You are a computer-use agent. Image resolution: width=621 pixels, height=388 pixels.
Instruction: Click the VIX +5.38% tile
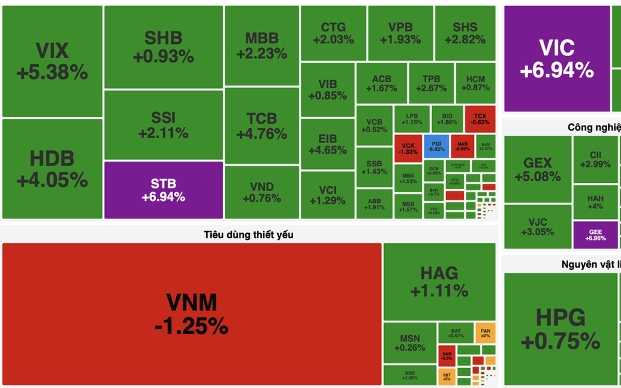point(52,61)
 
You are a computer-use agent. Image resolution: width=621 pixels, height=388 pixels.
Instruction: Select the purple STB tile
point(164,190)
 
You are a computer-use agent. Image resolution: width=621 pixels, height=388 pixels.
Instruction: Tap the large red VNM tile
point(192,313)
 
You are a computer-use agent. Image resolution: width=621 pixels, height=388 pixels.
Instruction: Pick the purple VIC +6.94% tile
point(556,59)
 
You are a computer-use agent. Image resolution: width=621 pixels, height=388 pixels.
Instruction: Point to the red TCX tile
point(480,119)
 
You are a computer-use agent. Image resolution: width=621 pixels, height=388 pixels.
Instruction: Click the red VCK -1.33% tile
point(409,148)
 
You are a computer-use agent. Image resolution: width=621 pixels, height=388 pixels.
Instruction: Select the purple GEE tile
point(595,235)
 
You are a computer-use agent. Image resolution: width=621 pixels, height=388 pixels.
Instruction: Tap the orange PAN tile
point(485,332)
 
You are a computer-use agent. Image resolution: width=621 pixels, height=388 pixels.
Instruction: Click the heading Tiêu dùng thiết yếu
point(248,234)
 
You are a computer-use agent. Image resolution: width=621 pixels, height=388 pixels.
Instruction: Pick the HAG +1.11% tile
point(439,281)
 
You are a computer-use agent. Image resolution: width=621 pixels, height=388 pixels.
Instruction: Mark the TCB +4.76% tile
point(261,126)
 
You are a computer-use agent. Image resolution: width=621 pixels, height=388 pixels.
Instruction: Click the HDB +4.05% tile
point(52,169)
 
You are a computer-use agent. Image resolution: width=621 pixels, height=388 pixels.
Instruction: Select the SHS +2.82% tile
point(465,33)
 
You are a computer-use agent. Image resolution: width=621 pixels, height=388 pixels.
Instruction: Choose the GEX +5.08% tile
point(538,169)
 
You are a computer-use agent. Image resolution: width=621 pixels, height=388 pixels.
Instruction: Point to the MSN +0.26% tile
point(410,343)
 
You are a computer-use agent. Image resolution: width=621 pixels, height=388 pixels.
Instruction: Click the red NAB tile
point(462,145)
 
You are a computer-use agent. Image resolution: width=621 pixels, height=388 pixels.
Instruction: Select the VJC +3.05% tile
point(538,226)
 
